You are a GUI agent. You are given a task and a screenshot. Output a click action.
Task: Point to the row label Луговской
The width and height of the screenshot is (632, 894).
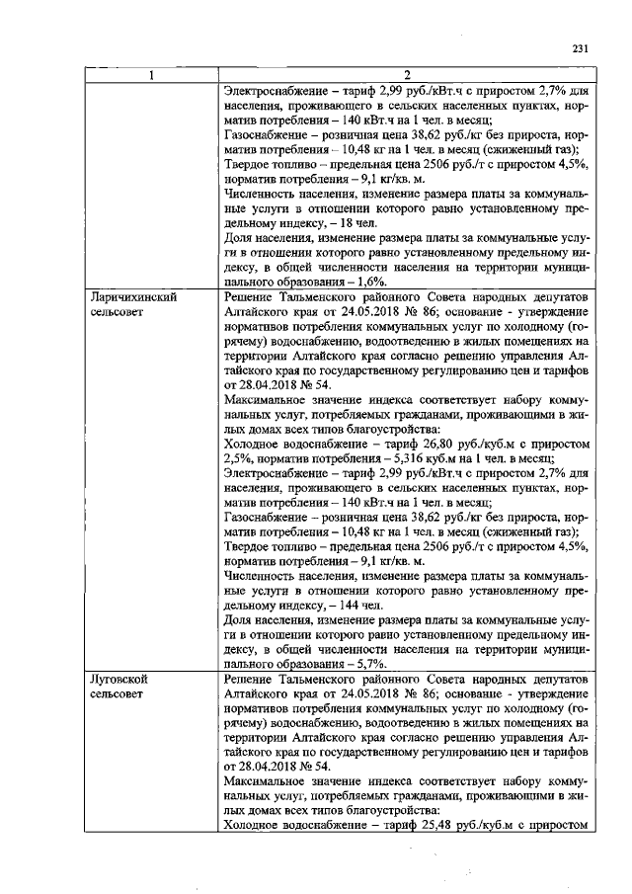tap(118, 681)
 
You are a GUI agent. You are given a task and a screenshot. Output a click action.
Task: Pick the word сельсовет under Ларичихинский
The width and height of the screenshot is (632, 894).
tap(116, 311)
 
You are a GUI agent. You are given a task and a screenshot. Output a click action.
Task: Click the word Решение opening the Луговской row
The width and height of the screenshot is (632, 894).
tap(252, 681)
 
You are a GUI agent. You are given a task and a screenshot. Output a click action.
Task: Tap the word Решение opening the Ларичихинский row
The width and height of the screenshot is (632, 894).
tap(252, 296)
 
